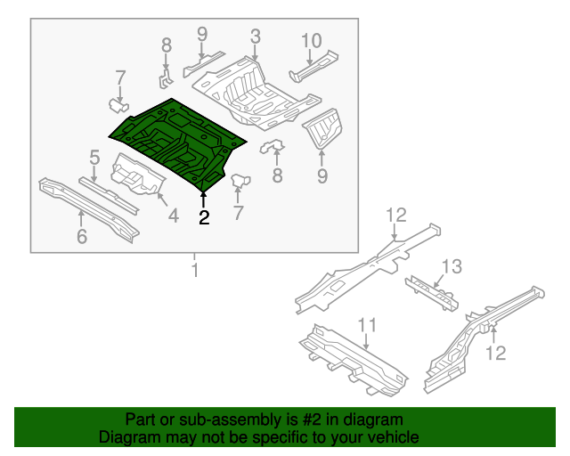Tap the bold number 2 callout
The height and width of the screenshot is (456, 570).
tap(204, 217)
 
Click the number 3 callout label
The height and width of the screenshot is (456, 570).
tap(255, 37)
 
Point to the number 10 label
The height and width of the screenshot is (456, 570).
tap(311, 40)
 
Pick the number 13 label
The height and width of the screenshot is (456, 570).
tap(452, 265)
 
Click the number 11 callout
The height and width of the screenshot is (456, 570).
tap(367, 324)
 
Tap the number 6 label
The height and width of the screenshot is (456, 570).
tap(82, 236)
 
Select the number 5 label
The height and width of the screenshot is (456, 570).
tap(94, 159)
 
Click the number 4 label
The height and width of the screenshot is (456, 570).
tap(173, 215)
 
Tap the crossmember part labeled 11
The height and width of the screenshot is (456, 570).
tap(352, 362)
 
